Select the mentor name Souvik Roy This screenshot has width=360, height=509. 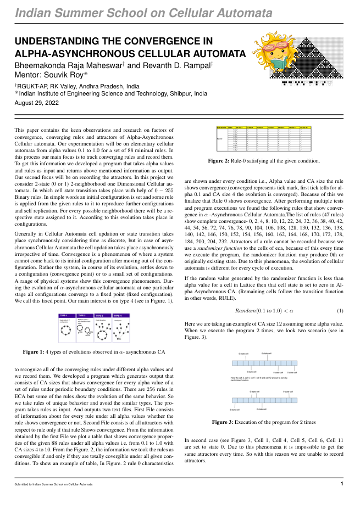tap(64, 76)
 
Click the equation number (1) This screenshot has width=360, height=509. tap(340, 310)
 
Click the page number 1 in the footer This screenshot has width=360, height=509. tap(342, 484)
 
